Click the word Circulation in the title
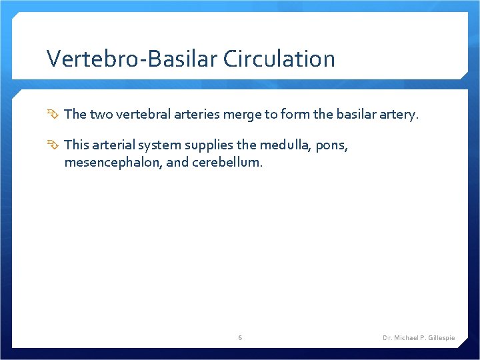click(279, 59)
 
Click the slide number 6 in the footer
click(240, 338)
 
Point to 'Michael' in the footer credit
click(405, 338)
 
